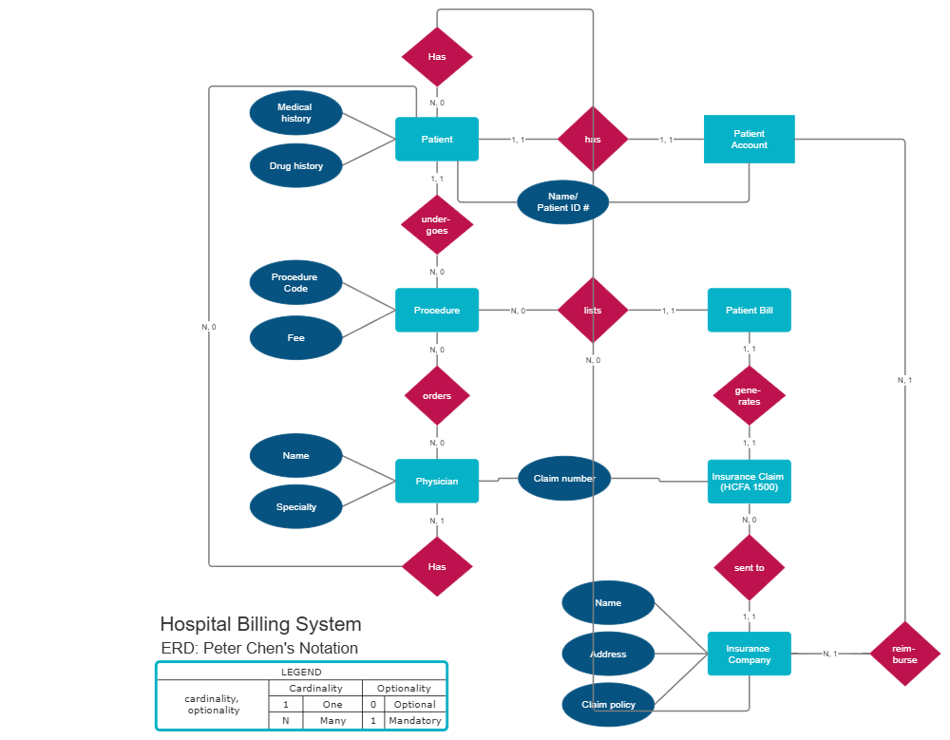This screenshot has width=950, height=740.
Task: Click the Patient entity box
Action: [437, 140]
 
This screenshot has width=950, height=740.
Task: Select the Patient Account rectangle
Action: [749, 140]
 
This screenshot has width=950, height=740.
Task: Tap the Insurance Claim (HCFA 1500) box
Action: [749, 481]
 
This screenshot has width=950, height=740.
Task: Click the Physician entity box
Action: [437, 481]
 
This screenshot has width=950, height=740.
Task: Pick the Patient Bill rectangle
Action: [749, 311]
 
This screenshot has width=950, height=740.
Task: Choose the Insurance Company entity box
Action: [749, 654]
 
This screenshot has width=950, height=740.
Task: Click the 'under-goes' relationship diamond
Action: [437, 225]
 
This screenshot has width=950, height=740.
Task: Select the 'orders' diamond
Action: [437, 396]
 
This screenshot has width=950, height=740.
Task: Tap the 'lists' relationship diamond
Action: [593, 311]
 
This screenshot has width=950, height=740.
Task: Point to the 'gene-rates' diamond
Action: [749, 396]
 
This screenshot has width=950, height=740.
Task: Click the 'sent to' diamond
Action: [749, 567]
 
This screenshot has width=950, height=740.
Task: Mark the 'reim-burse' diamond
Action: [905, 654]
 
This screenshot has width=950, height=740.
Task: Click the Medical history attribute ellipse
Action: [295, 113]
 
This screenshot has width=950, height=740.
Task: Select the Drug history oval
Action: [295, 166]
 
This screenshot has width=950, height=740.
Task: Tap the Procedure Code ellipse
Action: [295, 282]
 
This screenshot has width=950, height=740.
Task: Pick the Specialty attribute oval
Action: [295, 506]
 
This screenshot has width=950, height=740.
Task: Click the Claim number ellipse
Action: [563, 479]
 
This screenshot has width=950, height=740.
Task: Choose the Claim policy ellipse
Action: [608, 705]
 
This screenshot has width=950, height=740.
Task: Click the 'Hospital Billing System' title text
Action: [260, 624]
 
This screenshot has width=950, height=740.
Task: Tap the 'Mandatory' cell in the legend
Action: [414, 720]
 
